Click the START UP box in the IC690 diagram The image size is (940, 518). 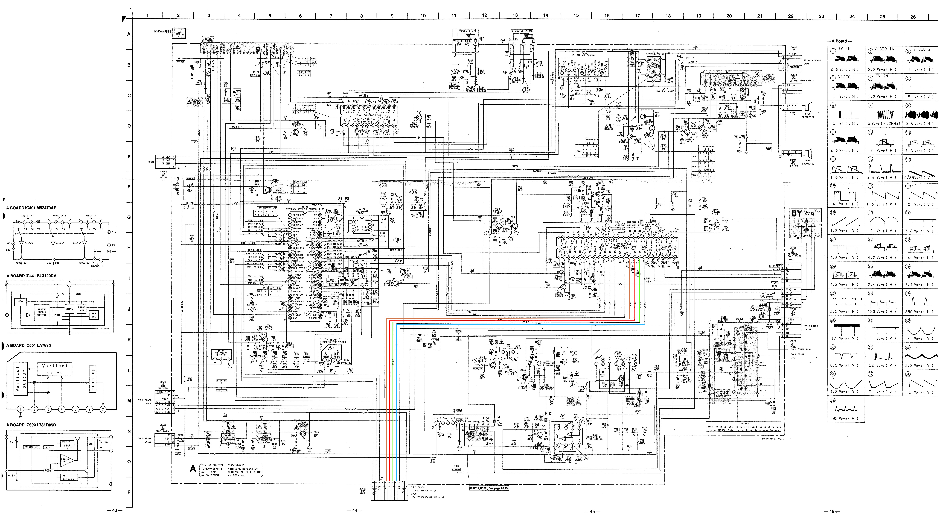32,447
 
